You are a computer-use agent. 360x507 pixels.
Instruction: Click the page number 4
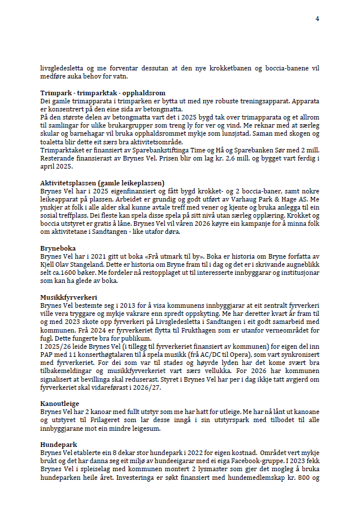point(317,19)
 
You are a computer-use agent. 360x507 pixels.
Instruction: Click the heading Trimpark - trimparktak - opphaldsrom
point(103,92)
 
